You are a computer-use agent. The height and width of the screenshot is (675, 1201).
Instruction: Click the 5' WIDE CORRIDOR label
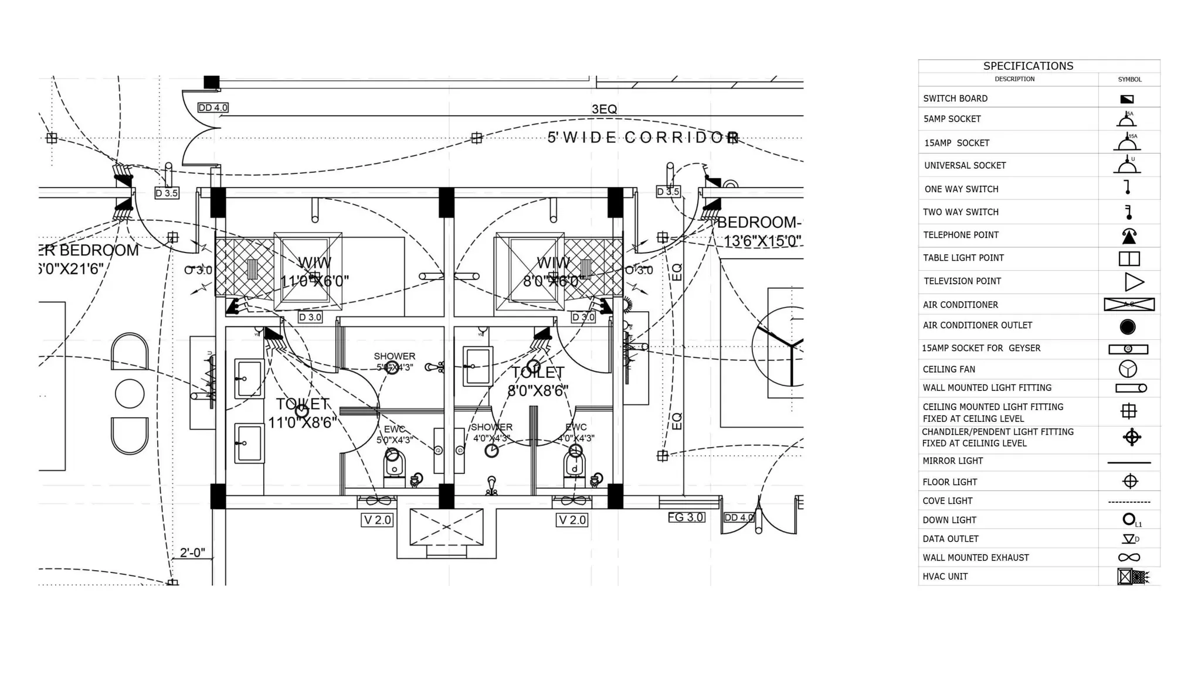(x=643, y=138)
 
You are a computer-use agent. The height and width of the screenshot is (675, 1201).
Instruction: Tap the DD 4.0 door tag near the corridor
(x=213, y=108)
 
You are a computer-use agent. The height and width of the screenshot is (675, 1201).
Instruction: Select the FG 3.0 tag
(x=686, y=517)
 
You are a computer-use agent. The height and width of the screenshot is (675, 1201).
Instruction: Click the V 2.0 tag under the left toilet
(x=377, y=520)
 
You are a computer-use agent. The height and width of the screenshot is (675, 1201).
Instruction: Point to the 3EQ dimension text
(x=604, y=110)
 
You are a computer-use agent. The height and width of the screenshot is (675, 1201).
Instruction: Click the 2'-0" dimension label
(x=192, y=553)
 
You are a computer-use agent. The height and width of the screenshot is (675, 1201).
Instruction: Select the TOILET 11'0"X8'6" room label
(x=303, y=413)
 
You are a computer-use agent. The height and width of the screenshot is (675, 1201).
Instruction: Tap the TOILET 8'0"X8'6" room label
(x=538, y=381)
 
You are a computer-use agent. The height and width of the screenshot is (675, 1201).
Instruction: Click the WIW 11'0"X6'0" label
(x=314, y=272)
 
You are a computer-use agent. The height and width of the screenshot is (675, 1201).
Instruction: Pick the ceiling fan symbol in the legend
(x=1128, y=369)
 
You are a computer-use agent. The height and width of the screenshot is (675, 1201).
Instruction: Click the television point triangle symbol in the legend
(x=1134, y=282)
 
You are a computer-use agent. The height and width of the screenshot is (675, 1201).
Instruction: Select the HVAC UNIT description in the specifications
(x=945, y=577)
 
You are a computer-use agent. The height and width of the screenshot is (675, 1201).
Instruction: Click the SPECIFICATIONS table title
(x=1028, y=66)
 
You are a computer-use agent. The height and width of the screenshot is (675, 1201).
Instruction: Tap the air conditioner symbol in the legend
(x=1129, y=305)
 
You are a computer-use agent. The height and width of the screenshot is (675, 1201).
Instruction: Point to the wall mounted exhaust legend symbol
(x=1129, y=558)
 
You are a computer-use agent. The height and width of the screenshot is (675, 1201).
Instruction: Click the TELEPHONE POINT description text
(x=961, y=235)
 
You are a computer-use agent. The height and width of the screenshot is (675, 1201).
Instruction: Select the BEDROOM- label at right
(x=759, y=223)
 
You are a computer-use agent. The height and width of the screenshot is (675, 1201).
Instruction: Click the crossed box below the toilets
(x=446, y=527)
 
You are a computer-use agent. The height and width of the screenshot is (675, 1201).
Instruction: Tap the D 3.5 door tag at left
(x=167, y=193)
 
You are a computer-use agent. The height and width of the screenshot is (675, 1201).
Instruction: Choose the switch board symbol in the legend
(x=1127, y=99)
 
